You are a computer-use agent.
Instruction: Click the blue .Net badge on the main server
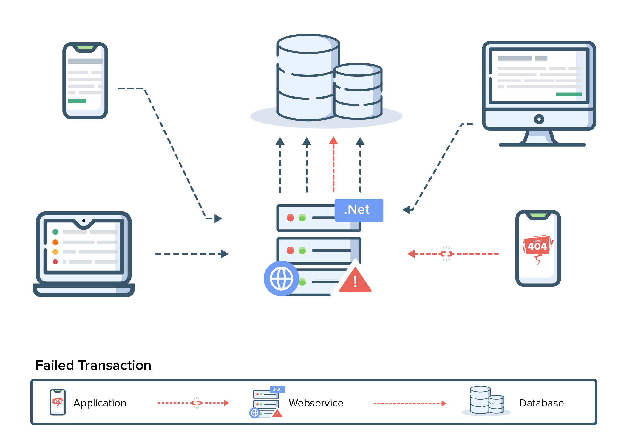[359, 210]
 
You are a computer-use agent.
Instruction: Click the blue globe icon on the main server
[281, 278]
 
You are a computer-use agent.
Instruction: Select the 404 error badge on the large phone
[537, 246]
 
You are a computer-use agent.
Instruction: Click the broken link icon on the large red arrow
[446, 254]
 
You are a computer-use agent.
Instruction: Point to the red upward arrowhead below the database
[333, 141]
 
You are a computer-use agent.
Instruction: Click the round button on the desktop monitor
[539, 119]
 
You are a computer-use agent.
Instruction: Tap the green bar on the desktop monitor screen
[569, 94]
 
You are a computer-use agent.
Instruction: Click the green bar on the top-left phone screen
[77, 101]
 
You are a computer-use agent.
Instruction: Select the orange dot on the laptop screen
[55, 242]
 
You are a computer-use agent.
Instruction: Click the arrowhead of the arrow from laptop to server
[225, 254]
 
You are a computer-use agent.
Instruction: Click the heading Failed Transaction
[93, 365]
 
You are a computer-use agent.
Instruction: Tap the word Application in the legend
[100, 403]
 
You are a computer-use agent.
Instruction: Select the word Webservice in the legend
[316, 403]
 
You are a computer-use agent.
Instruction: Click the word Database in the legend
[541, 403]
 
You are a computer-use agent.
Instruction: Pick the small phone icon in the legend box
[58, 402]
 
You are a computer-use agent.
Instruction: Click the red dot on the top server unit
[290, 218]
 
